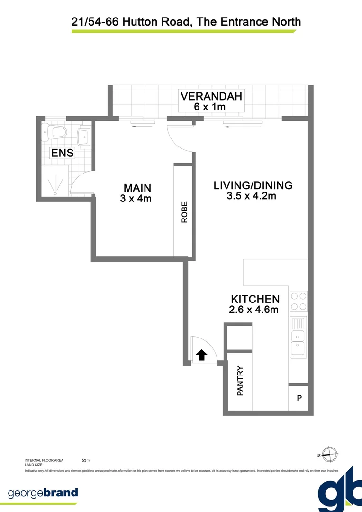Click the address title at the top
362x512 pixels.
186,21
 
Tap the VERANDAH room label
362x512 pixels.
211,96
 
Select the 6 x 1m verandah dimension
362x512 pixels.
210,107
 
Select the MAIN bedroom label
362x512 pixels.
137,188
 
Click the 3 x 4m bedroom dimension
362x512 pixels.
136,199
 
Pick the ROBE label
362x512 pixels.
184,212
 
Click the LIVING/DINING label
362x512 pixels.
253,185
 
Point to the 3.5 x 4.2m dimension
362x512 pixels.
252,196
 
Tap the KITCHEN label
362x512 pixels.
255,299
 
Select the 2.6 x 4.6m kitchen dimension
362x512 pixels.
253,310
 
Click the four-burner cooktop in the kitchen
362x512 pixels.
299,300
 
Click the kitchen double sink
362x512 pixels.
299,337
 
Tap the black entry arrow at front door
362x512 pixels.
201,355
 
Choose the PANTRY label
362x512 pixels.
240,381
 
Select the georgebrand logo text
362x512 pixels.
43,493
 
